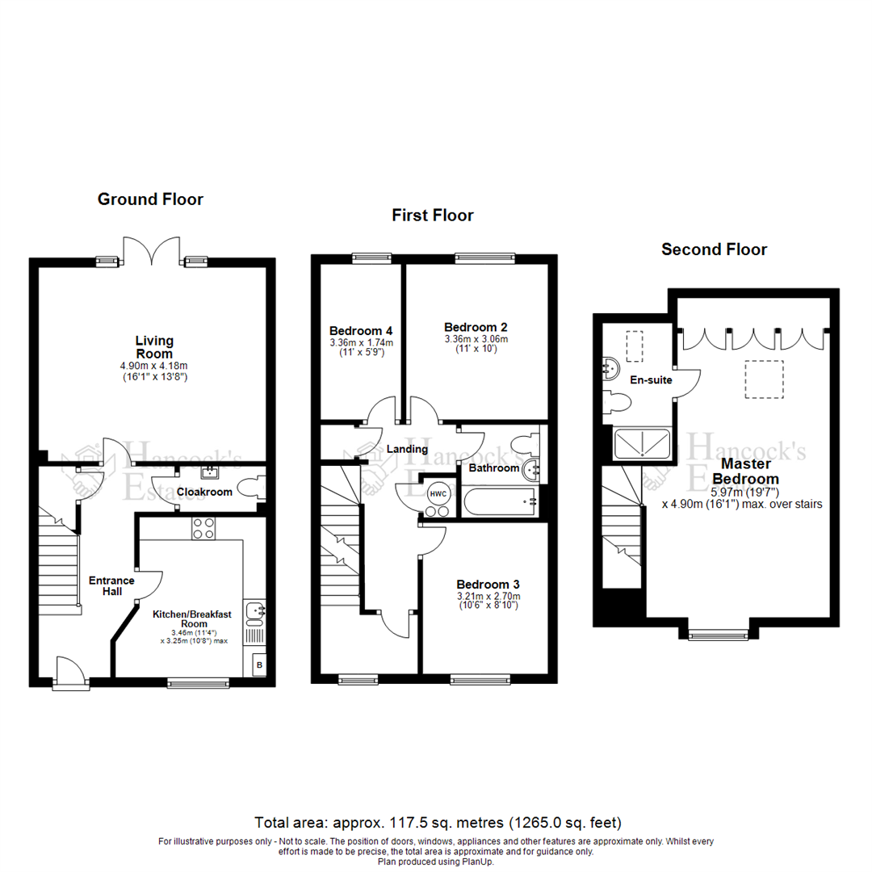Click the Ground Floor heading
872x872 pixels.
(x=150, y=199)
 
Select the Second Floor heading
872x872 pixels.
(x=714, y=249)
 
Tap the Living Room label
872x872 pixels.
(x=153, y=347)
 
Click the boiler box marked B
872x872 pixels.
(x=259, y=664)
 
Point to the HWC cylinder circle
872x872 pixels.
(x=437, y=493)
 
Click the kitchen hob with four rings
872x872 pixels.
(x=203, y=528)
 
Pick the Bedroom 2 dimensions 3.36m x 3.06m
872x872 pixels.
(x=476, y=339)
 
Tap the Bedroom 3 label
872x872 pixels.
(x=487, y=585)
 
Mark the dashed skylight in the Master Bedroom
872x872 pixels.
(x=764, y=379)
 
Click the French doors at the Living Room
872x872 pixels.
(x=149, y=252)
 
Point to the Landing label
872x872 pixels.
(x=407, y=449)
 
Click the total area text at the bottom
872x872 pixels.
(x=438, y=823)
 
